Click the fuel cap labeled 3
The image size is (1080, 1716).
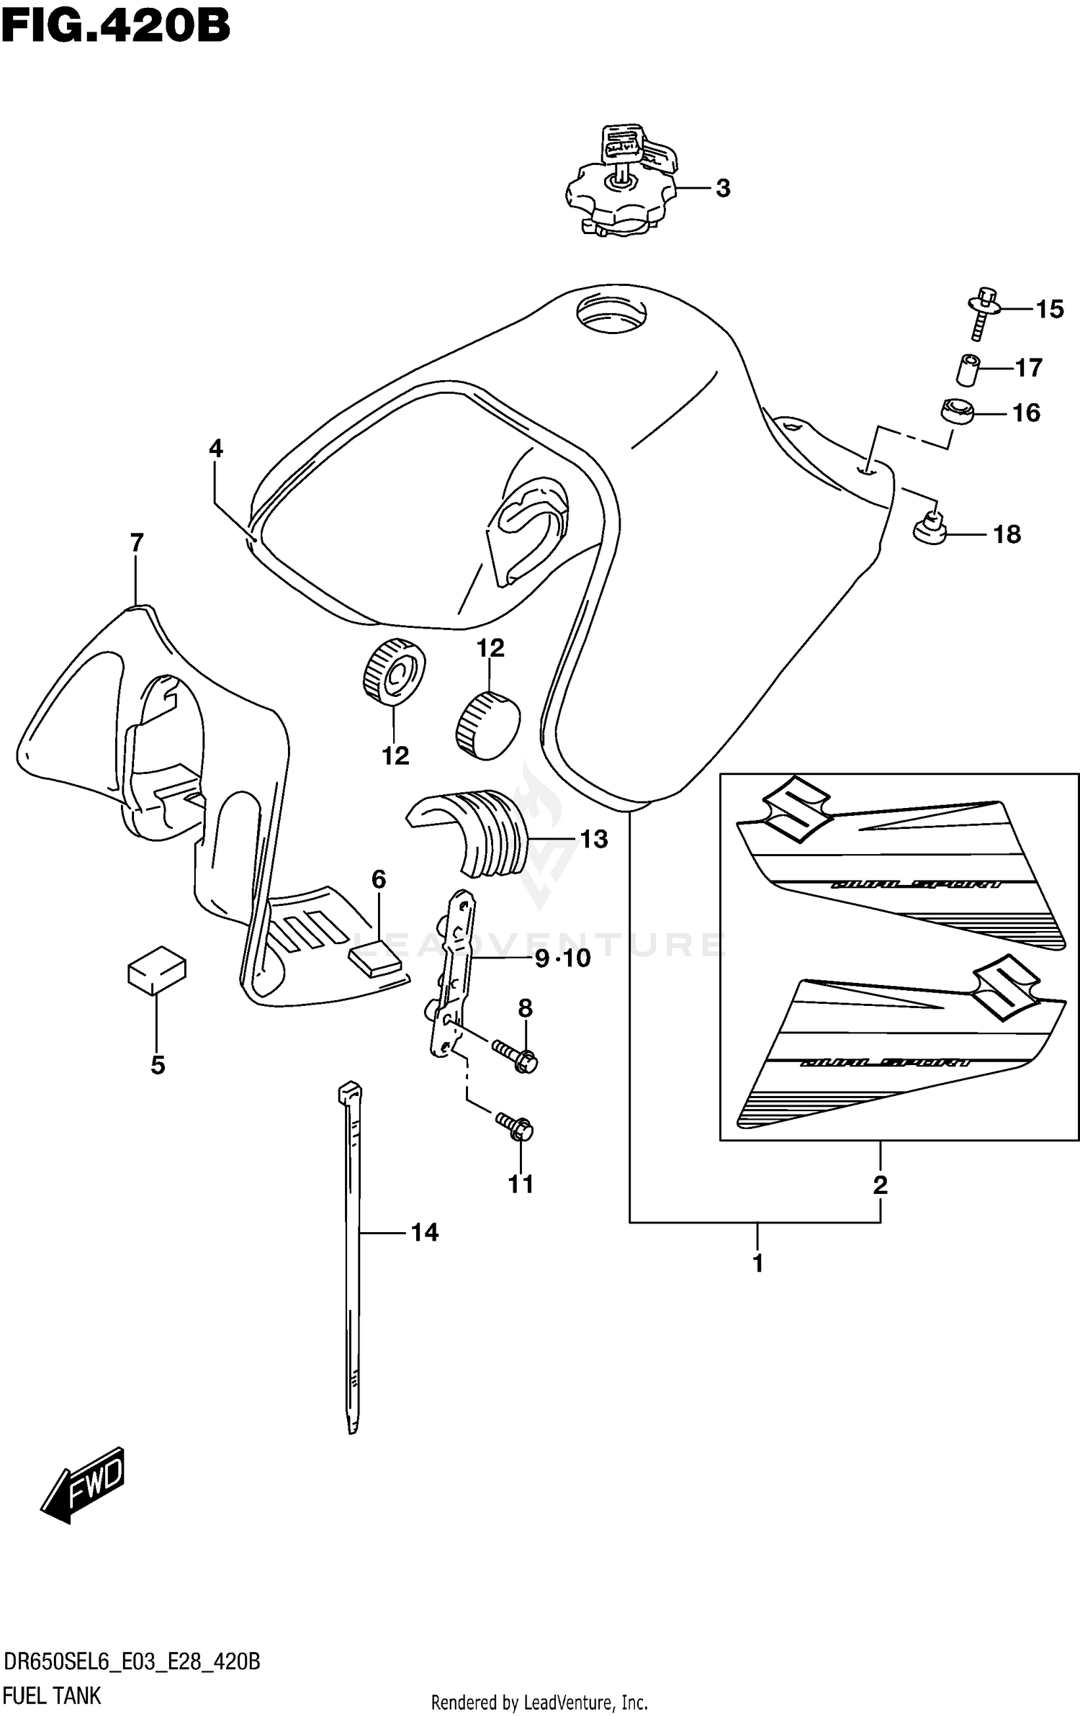click(x=621, y=192)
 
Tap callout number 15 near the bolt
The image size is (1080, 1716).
click(x=1049, y=310)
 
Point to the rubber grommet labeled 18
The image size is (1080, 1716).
click(x=930, y=529)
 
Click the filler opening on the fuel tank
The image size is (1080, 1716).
click(x=611, y=314)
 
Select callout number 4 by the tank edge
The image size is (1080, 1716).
click(x=216, y=449)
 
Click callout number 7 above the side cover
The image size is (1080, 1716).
click(x=137, y=542)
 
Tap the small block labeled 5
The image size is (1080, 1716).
click(x=156, y=970)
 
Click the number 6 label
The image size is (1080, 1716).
click(x=379, y=879)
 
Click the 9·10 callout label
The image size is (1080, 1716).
click(x=562, y=958)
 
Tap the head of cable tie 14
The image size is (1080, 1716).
click(x=349, y=1092)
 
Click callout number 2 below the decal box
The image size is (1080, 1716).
click(x=880, y=1185)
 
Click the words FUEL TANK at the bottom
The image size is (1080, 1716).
click(x=52, y=1696)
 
